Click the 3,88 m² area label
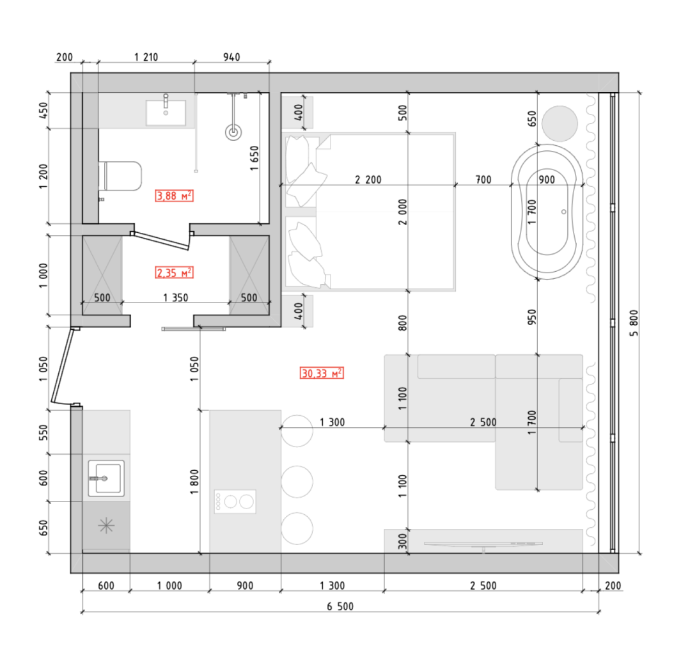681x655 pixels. (x=175, y=196)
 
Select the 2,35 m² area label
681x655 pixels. (x=175, y=273)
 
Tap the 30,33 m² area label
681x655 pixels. (x=322, y=373)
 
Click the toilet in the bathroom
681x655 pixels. (x=121, y=177)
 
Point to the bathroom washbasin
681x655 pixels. (x=166, y=112)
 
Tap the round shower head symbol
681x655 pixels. (x=235, y=132)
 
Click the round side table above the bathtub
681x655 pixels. (x=560, y=122)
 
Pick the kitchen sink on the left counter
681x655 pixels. (x=106, y=478)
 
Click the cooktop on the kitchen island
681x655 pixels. (x=236, y=501)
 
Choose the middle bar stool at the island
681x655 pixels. (x=297, y=482)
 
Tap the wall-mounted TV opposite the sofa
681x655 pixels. (x=484, y=544)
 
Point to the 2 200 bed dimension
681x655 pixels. (x=368, y=180)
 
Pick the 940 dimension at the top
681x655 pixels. (x=231, y=57)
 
